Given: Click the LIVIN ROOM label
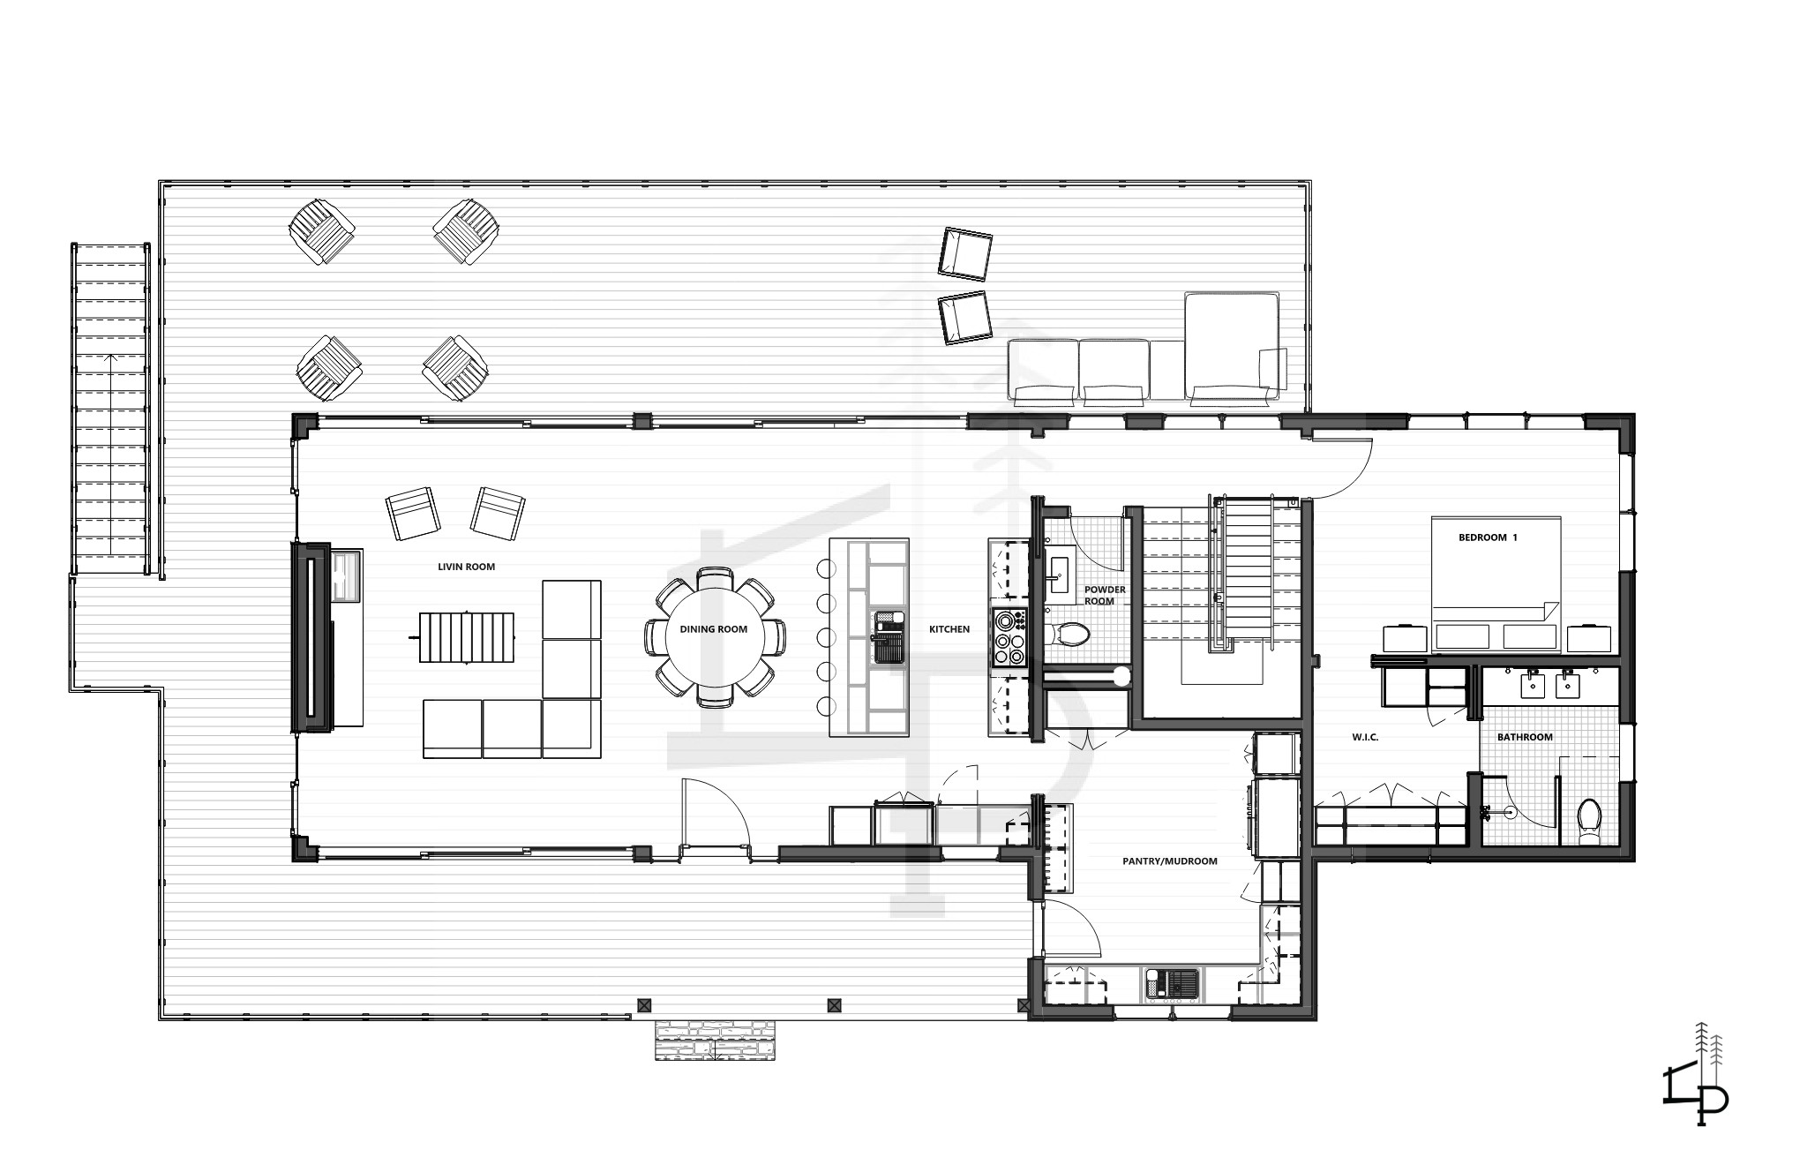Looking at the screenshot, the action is pos(466,567).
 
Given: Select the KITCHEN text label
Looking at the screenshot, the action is pos(949,629).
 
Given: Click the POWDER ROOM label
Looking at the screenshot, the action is pos(1105,595).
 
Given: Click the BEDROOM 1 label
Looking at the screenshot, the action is pos(1488,537).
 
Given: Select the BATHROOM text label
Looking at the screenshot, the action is pos(1525,737).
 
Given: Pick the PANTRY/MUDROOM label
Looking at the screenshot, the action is pos(1170,861).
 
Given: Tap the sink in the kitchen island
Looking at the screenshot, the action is pos(889,636).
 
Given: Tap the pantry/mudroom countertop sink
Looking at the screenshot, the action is pos(1171,983).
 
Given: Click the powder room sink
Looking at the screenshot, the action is pos(1058,575).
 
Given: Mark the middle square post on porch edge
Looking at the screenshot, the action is pos(834,1004).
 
